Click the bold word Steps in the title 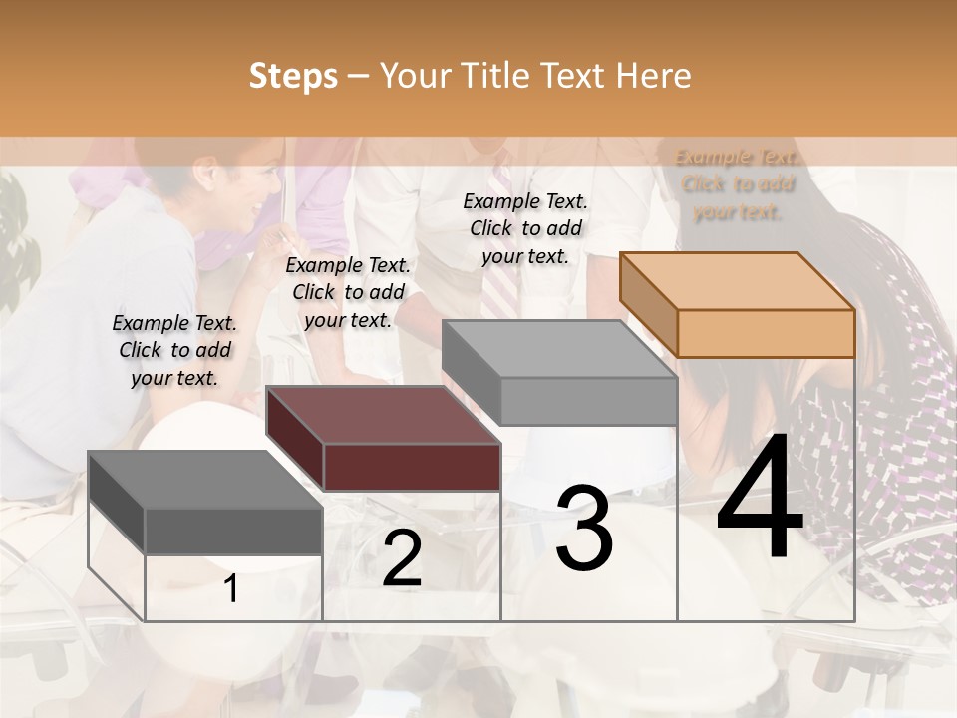pos(293,76)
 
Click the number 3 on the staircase pos(584,528)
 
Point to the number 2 pos(402,558)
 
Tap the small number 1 pos(231,589)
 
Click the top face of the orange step pos(738,281)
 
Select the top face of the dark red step pos(383,415)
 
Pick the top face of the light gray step pos(558,349)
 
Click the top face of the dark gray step pos(205,480)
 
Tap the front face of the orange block pos(766,333)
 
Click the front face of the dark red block pos(412,467)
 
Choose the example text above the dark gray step pos(174,350)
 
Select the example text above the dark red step pos(348,292)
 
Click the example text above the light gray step pos(525,228)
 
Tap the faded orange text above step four pos(737,184)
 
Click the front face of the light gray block pos(588,402)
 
